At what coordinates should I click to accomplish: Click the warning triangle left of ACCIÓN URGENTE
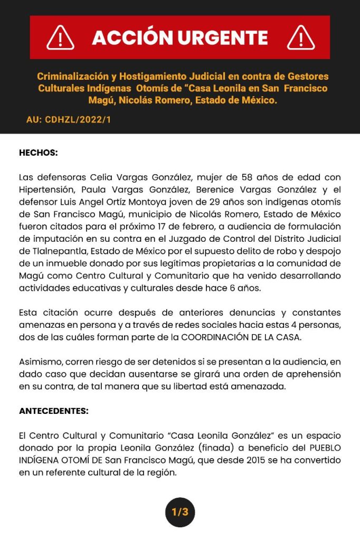point(61,37)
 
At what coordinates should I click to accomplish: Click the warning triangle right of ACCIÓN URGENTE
point(301,37)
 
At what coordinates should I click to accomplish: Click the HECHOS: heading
point(38,153)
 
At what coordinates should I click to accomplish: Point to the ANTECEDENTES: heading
point(54,410)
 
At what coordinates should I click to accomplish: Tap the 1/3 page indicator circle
point(180,511)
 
